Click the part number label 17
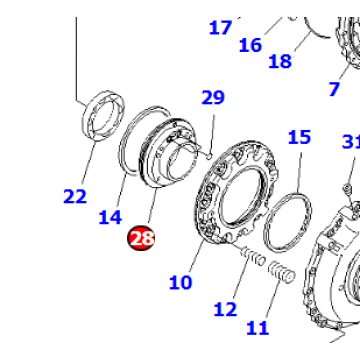click(x=220, y=27)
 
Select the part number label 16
click(x=250, y=44)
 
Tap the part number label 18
click(x=280, y=61)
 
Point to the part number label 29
click(x=213, y=98)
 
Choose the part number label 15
click(x=300, y=137)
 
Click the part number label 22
click(x=75, y=196)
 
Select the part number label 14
click(x=110, y=215)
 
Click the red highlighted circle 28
click(x=141, y=238)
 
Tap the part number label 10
click(x=180, y=282)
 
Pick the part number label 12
click(x=227, y=309)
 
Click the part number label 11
click(x=258, y=326)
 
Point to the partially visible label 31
click(x=350, y=143)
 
